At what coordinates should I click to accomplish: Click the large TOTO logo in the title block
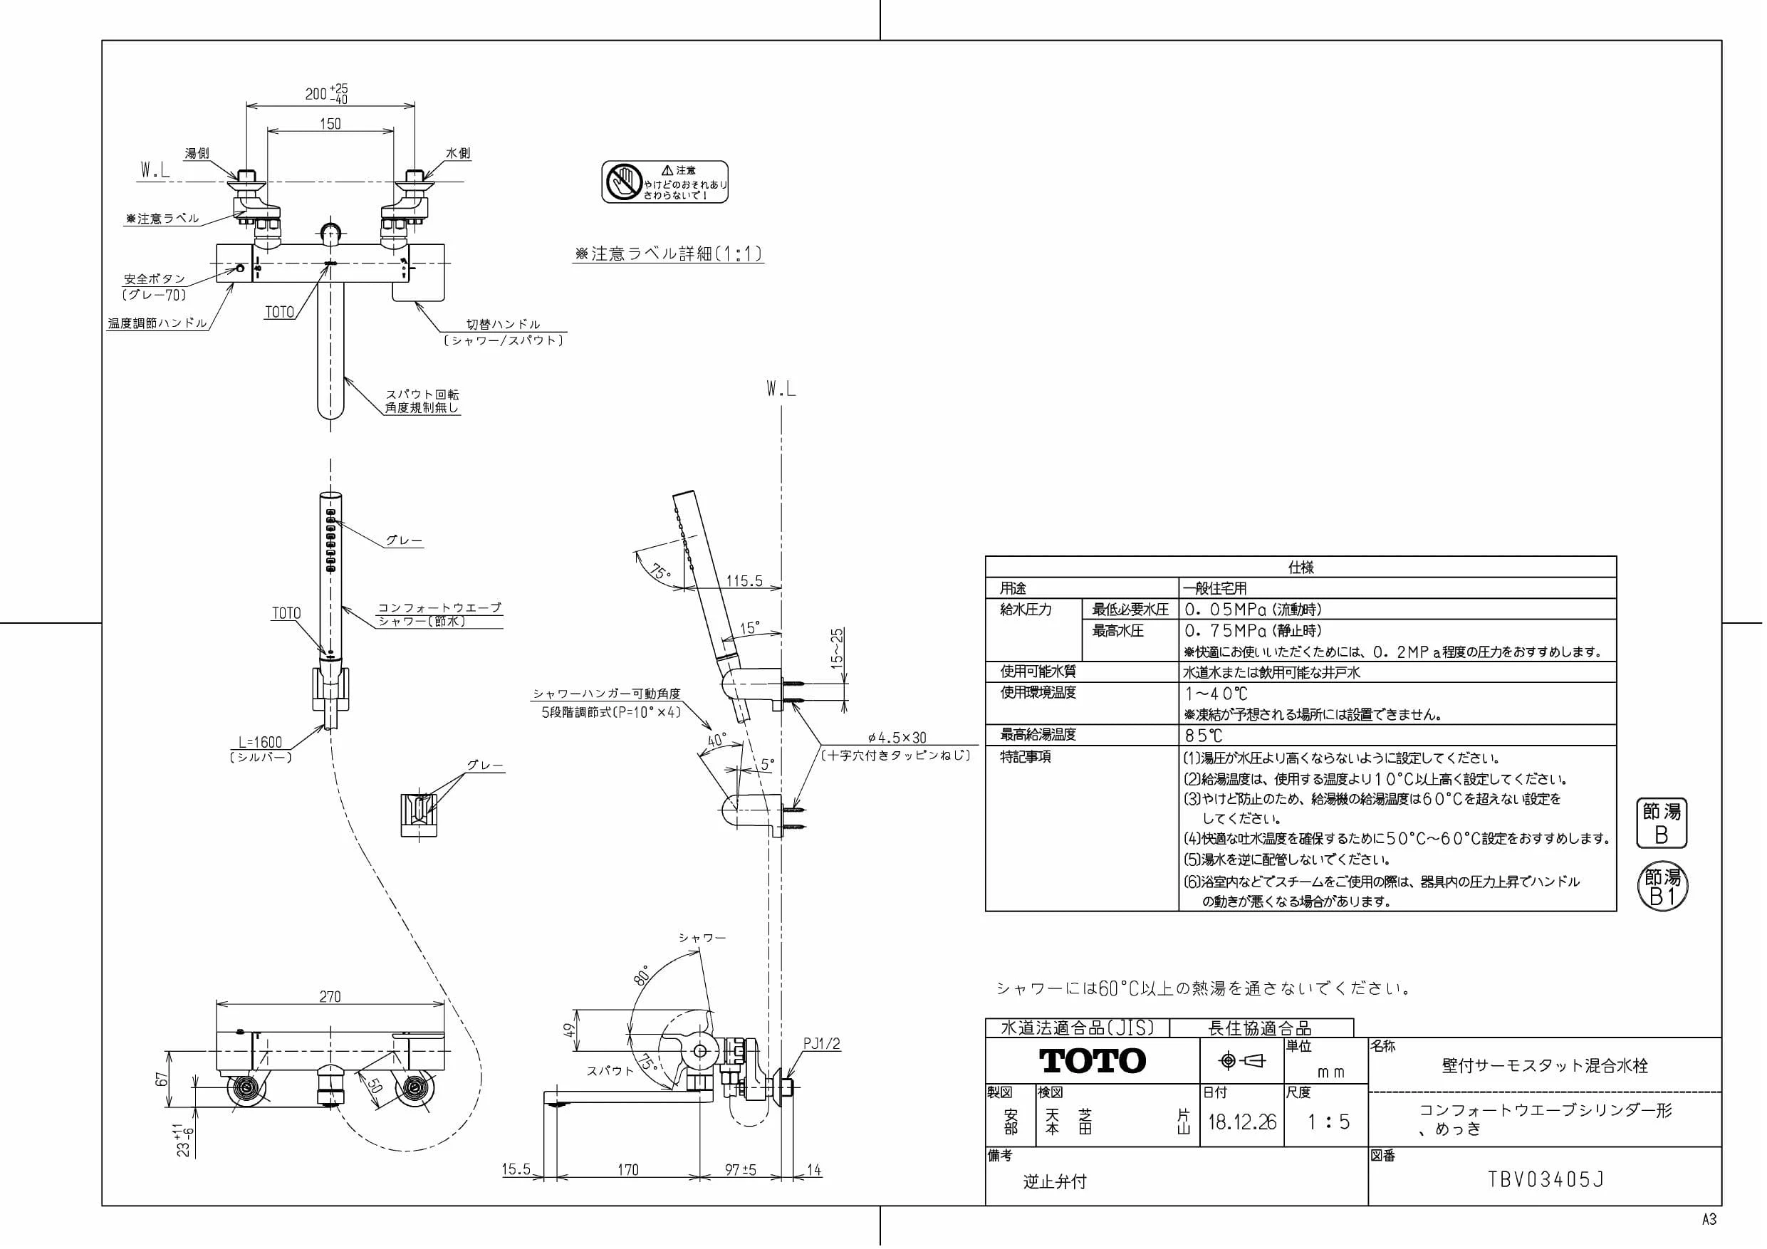point(1092,1060)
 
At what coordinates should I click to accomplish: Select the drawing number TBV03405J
point(1546,1180)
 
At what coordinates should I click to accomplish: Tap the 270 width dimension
point(330,997)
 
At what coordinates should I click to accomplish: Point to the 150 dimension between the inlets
point(330,123)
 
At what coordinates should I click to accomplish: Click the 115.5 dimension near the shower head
point(744,581)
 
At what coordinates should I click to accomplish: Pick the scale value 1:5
point(1328,1122)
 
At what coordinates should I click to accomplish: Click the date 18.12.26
point(1242,1122)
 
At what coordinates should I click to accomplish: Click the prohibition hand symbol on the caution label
point(622,182)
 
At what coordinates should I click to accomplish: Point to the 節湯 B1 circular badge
point(1662,887)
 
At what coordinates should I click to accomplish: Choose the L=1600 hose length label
point(260,742)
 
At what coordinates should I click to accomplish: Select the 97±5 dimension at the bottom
point(741,1170)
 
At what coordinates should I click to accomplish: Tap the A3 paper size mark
point(1709,1220)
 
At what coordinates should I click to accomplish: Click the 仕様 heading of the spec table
point(1301,567)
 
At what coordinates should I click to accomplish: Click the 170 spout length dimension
point(628,1170)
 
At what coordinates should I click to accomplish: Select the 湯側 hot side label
point(197,153)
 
